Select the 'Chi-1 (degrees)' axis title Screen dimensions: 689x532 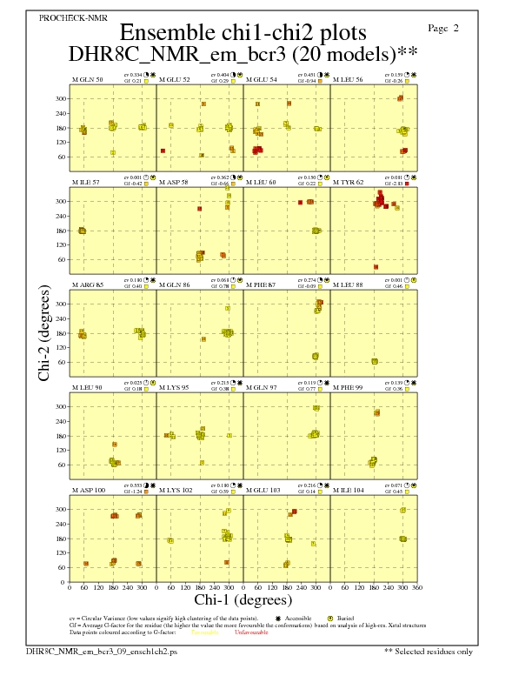(x=243, y=599)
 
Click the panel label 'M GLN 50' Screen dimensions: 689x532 (x=87, y=79)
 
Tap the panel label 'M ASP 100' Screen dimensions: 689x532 (x=89, y=491)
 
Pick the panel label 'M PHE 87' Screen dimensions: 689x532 (x=261, y=285)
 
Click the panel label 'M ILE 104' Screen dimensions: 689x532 (x=349, y=491)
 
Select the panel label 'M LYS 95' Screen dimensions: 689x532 (x=174, y=388)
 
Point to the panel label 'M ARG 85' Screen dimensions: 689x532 (x=87, y=285)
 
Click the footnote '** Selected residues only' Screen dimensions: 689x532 (x=429, y=650)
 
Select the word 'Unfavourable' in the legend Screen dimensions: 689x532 (x=251, y=632)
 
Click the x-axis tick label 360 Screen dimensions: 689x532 (x=417, y=588)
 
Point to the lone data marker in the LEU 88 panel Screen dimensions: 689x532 (x=375, y=361)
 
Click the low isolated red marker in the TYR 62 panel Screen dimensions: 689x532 (x=376, y=267)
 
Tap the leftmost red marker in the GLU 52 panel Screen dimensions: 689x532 (x=163, y=151)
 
